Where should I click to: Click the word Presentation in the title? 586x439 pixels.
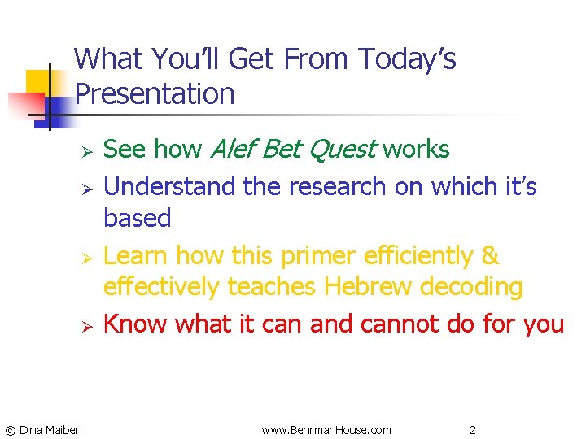(155, 94)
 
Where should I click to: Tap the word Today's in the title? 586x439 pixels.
(407, 59)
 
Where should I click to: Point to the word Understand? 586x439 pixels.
(170, 187)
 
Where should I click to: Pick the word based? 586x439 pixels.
(137, 218)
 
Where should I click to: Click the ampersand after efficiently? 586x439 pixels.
(490, 255)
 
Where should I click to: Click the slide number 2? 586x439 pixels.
(472, 429)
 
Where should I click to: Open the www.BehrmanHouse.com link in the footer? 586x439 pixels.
(326, 429)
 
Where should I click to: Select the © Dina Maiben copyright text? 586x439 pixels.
(43, 429)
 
